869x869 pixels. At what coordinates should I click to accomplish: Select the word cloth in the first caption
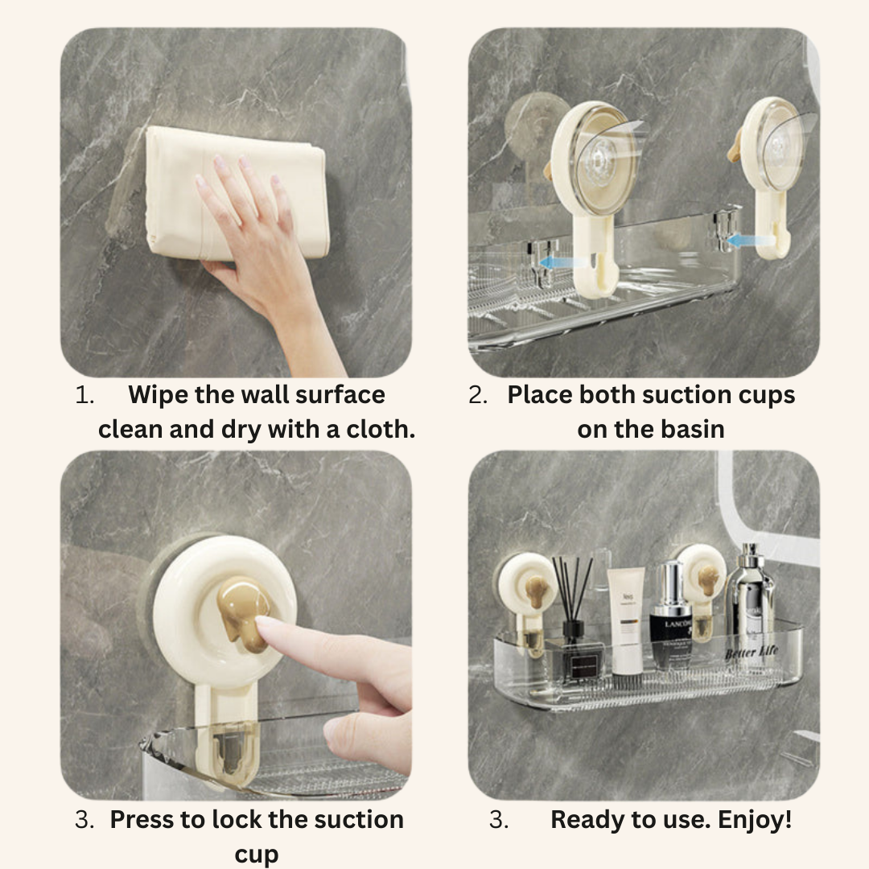[x=381, y=429]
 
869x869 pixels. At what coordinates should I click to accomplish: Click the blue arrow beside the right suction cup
[x=740, y=239]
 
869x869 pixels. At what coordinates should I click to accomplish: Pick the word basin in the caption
[x=690, y=429]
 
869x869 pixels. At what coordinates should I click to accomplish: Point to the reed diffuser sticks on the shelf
[x=572, y=591]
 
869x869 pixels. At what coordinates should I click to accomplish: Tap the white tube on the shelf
[x=625, y=620]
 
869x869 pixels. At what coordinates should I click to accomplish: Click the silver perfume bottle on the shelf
[x=749, y=599]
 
